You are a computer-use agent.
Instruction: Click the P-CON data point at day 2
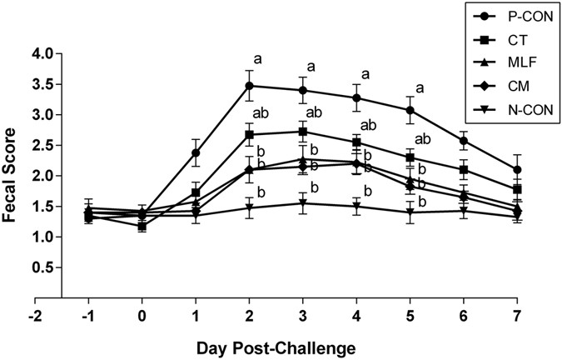[249, 85]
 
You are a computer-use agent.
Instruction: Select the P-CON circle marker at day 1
[196, 152]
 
